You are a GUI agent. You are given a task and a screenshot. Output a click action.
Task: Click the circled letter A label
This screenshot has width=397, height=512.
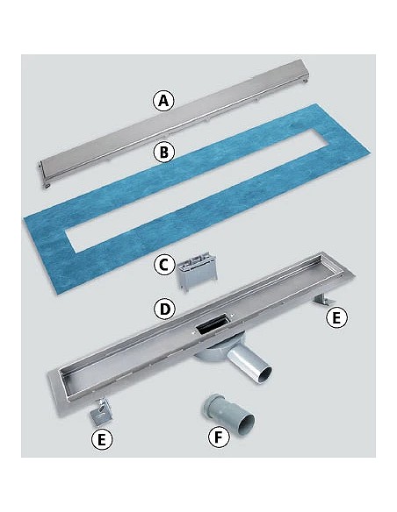click(x=163, y=101)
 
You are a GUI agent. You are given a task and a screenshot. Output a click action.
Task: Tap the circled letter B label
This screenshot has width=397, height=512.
click(x=164, y=152)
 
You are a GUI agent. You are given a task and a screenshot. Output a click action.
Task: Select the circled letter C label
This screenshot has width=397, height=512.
click(x=164, y=265)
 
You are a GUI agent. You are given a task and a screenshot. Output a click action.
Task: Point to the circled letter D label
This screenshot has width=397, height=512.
click(x=165, y=309)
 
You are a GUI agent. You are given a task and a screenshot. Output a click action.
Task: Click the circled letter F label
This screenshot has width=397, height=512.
click(x=219, y=437)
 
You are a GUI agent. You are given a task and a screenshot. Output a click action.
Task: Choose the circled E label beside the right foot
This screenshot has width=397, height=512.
click(x=336, y=317)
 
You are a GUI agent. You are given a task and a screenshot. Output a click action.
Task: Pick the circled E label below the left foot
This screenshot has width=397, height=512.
click(x=102, y=439)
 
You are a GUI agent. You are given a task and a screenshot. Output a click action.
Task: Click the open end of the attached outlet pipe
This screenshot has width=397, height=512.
click(x=263, y=375)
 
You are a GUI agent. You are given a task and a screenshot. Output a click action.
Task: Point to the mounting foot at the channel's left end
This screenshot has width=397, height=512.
click(x=101, y=412)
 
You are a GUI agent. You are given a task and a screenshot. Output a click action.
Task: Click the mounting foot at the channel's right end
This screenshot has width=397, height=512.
click(x=322, y=300)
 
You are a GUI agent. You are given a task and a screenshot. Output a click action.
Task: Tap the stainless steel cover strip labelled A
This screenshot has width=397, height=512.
click(x=174, y=124)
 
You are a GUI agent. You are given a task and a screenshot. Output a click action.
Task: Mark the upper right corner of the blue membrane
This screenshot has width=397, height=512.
click(x=316, y=104)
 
